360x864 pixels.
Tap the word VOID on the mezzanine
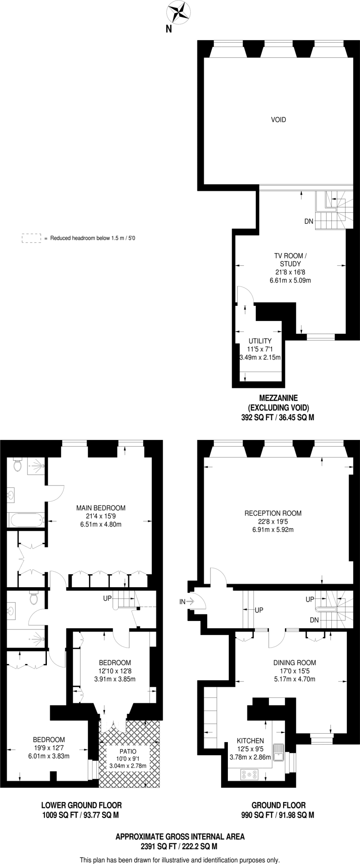(278, 120)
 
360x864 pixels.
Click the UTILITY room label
(260, 341)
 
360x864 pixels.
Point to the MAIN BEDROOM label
(100, 508)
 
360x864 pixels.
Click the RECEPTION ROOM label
(273, 513)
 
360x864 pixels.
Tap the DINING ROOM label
(295, 663)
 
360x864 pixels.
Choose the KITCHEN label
(250, 741)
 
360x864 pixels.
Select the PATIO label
(128, 751)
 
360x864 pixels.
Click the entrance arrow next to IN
(189, 602)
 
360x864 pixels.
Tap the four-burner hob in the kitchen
(249, 774)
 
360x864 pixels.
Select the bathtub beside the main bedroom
(26, 520)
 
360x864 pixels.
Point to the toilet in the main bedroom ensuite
(18, 465)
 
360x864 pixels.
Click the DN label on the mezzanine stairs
(309, 221)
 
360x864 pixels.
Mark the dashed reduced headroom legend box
(31, 238)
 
